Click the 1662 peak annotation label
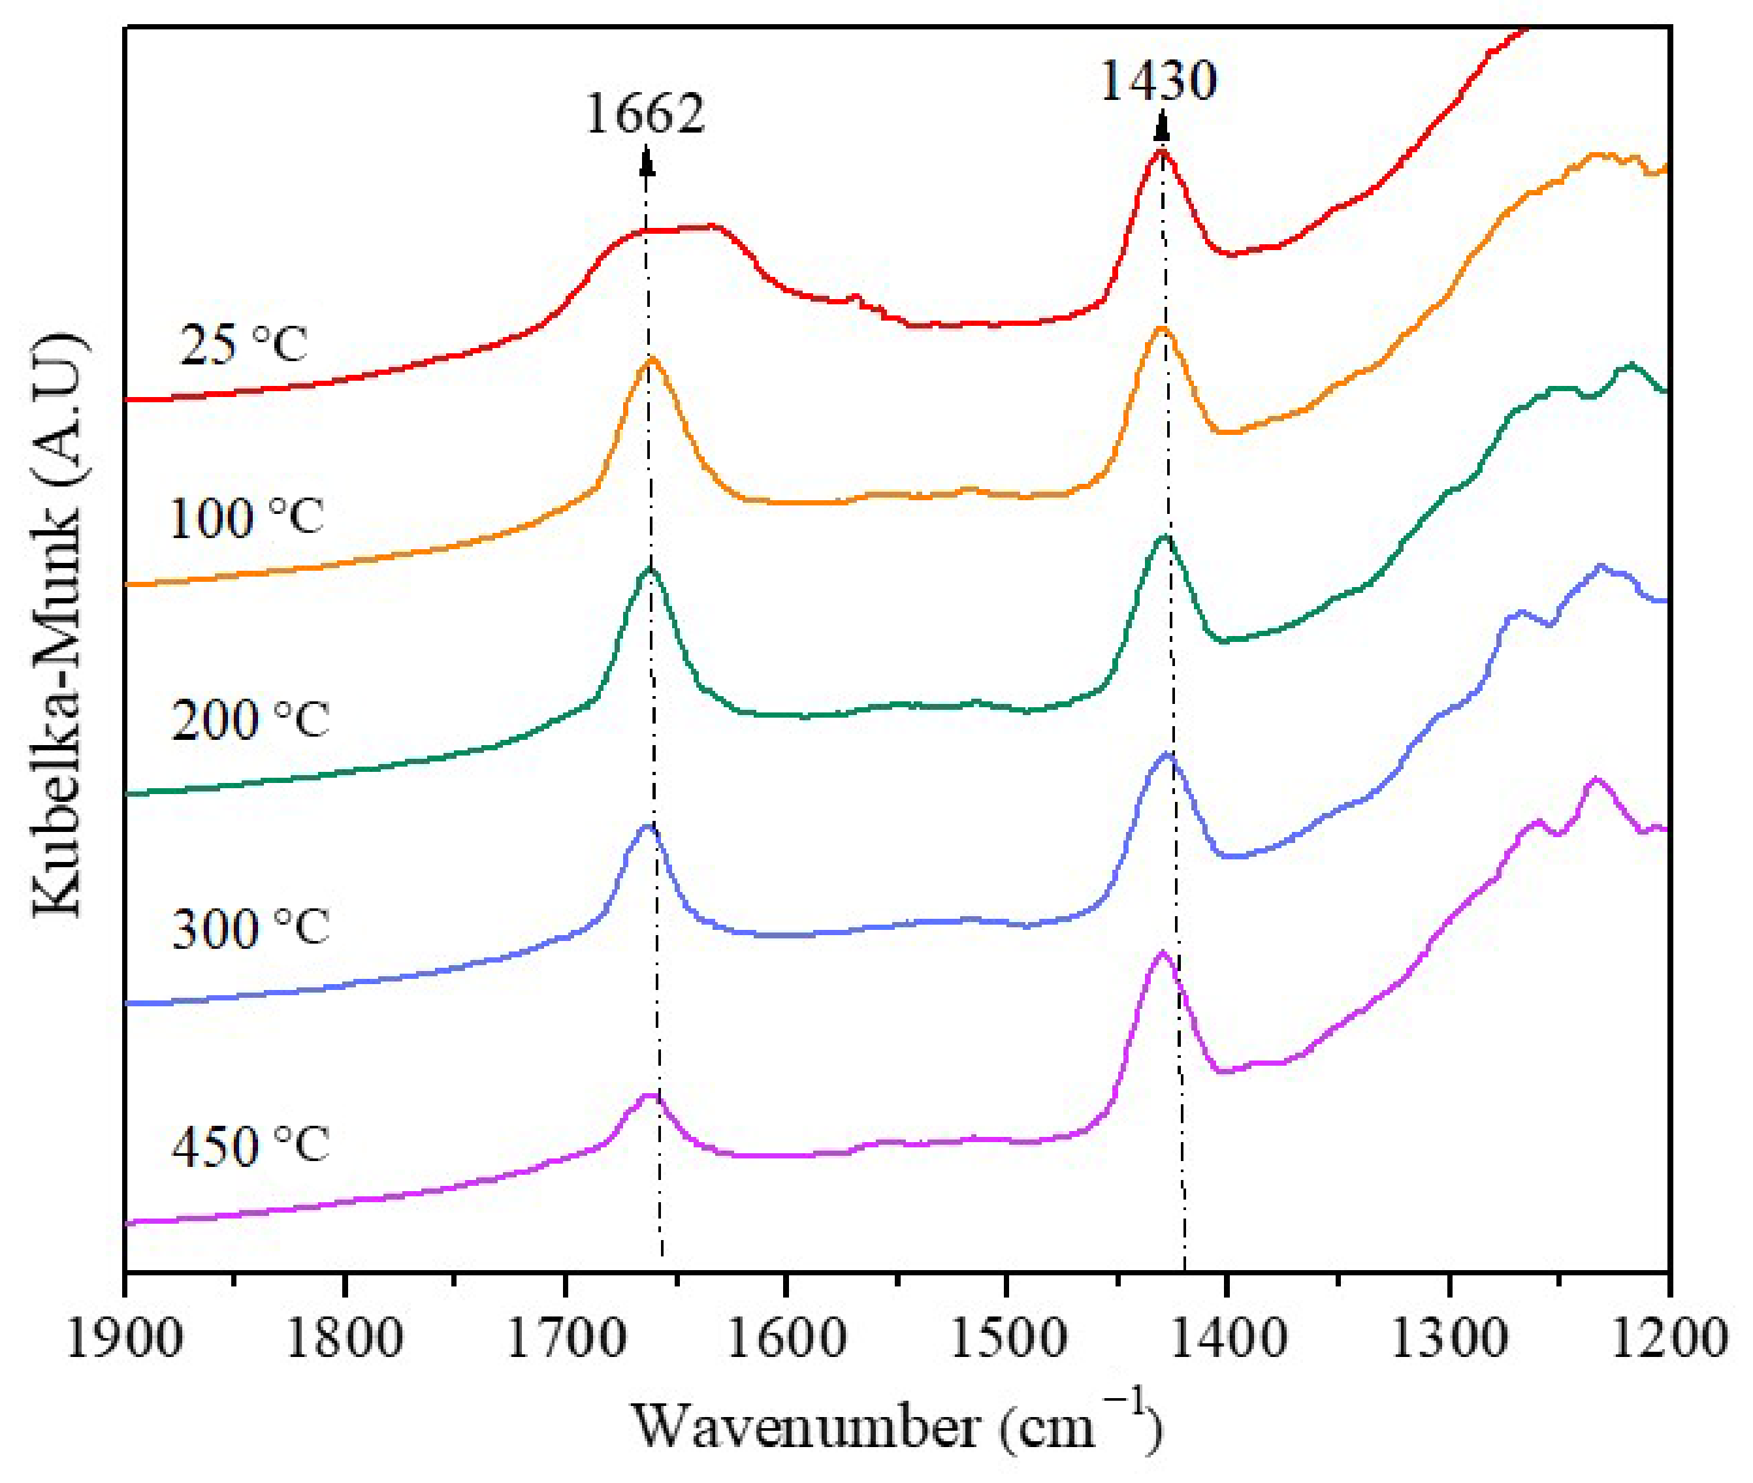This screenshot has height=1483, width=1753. click(644, 113)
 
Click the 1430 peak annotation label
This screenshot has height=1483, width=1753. click(1158, 81)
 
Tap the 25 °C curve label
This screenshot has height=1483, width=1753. click(243, 344)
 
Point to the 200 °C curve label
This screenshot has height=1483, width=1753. click(249, 720)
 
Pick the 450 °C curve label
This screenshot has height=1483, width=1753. click(249, 1146)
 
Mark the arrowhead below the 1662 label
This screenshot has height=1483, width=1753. click(646, 160)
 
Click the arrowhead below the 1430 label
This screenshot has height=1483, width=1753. click(1162, 128)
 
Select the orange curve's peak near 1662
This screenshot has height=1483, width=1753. click(650, 360)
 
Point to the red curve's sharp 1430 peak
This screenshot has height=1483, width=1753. click(1161, 152)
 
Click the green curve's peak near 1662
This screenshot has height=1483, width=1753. click(649, 569)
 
